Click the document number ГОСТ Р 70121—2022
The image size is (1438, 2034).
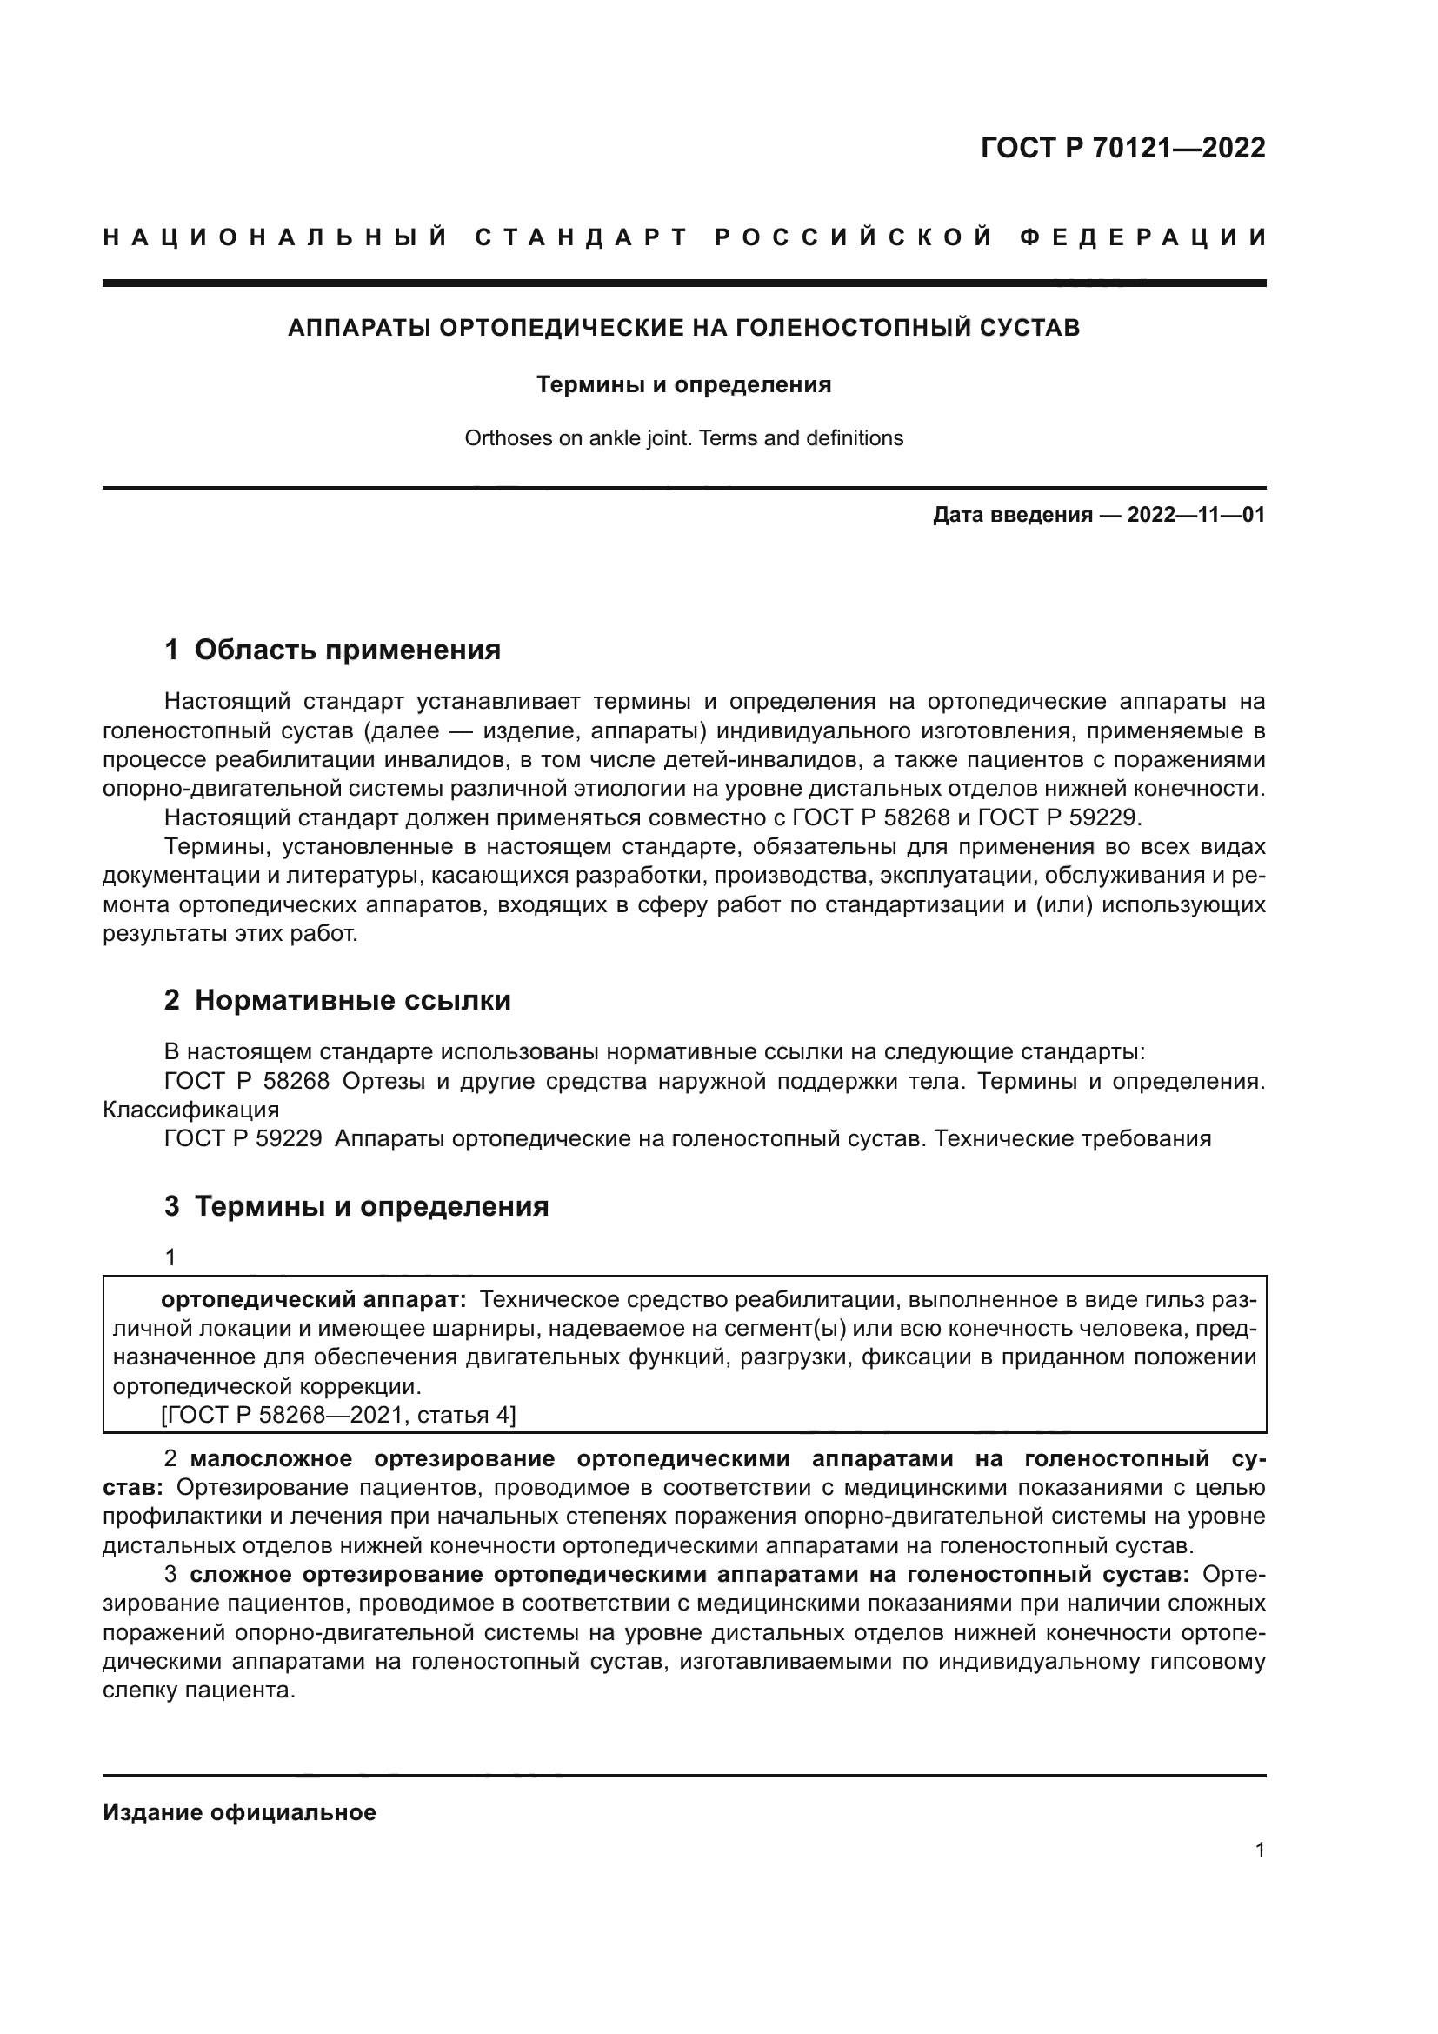point(1122,148)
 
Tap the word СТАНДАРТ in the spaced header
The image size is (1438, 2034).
point(582,237)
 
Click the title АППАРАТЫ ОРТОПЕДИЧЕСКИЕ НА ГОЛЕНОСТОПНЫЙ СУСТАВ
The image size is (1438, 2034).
point(683,328)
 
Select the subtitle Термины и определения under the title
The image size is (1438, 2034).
point(683,384)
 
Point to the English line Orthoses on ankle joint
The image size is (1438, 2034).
point(683,437)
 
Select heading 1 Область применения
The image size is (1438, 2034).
point(332,650)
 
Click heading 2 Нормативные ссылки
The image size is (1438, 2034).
point(337,1000)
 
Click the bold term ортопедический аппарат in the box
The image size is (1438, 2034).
point(313,1299)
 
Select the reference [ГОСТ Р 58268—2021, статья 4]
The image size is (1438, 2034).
point(338,1415)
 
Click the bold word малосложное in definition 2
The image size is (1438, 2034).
point(271,1458)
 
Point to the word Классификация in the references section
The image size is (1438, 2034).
point(190,1110)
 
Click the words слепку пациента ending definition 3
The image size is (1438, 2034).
point(197,1691)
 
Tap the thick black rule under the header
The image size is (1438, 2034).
point(683,283)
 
